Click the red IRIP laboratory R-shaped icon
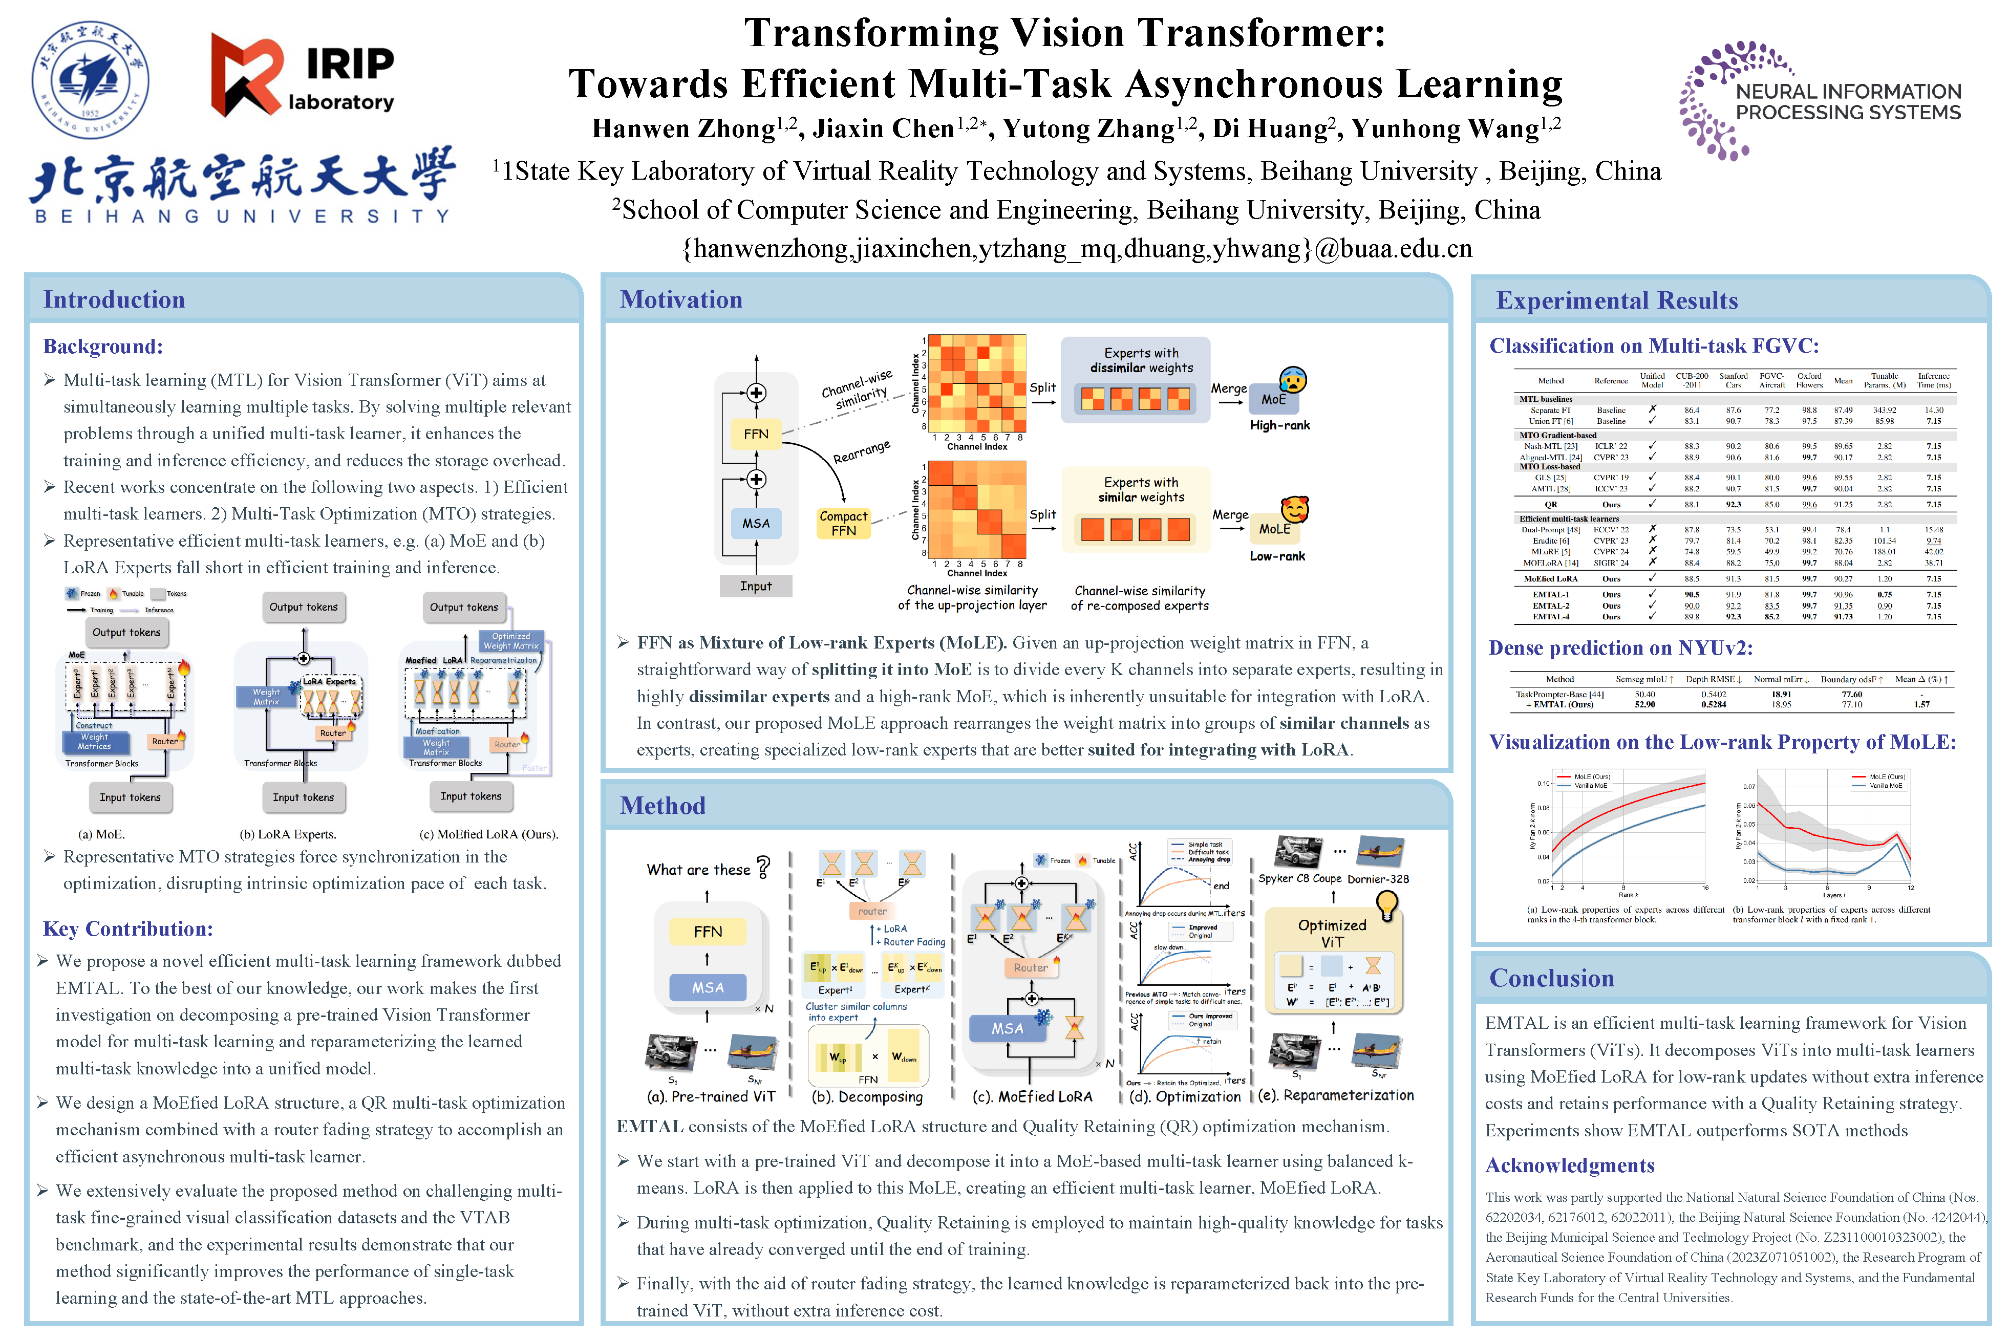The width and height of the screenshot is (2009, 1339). click(246, 75)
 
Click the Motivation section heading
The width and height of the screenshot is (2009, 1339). click(681, 300)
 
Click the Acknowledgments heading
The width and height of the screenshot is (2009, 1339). click(1569, 1165)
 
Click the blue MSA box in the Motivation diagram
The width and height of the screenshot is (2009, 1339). click(755, 523)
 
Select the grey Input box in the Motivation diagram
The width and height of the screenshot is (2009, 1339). click(755, 586)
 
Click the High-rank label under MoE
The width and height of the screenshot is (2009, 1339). click(1279, 425)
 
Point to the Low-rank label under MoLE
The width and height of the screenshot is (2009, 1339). click(1277, 556)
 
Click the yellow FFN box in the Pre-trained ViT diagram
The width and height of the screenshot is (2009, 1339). click(707, 932)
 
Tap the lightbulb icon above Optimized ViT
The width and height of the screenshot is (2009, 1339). click(1386, 903)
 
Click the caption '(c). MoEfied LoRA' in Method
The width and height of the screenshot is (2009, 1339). click(1032, 1096)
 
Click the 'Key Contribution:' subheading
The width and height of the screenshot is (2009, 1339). click(128, 929)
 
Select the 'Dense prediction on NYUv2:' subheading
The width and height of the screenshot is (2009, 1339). click(1620, 648)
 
